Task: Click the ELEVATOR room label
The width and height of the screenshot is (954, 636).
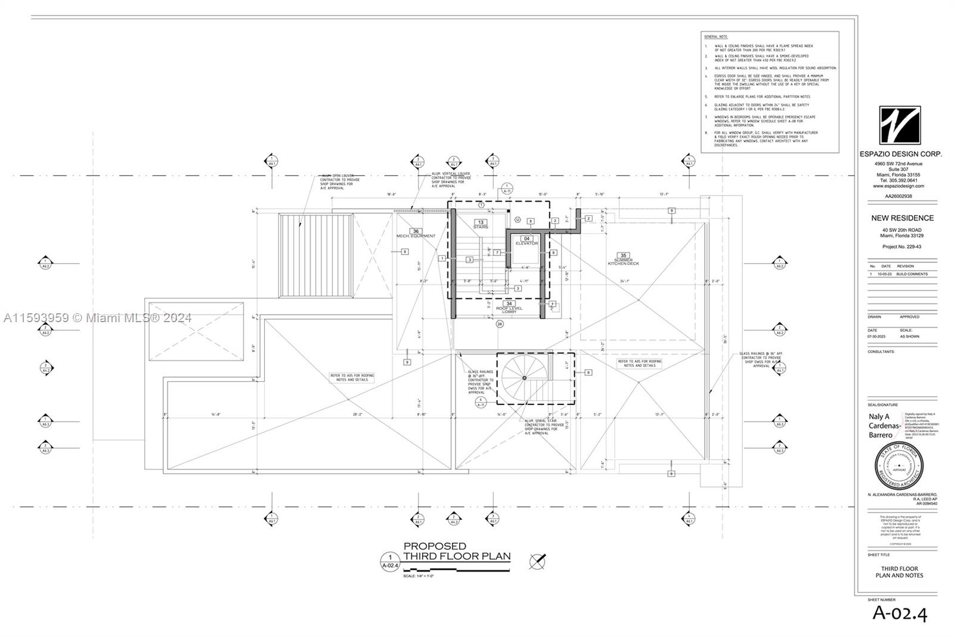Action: [x=526, y=243]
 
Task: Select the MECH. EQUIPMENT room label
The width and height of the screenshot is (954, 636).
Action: [x=416, y=236]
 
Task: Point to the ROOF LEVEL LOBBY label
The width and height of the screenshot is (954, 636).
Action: [x=509, y=309]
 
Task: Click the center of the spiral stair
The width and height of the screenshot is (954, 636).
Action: [x=524, y=378]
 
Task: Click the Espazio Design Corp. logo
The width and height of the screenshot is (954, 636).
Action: [x=900, y=125]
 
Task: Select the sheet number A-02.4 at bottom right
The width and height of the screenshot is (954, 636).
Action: [x=900, y=613]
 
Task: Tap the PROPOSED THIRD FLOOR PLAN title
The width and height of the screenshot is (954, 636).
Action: [x=457, y=551]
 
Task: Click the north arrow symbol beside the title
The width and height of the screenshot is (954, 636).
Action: [x=537, y=561]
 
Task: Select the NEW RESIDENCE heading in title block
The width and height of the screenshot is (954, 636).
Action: [x=902, y=218]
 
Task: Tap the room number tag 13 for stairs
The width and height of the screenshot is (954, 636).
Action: [x=481, y=222]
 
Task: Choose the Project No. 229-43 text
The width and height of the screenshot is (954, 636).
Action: [x=902, y=246]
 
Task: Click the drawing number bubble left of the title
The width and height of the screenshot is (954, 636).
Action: [x=390, y=561]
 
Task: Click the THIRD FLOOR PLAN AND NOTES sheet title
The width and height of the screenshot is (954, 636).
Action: [x=899, y=572]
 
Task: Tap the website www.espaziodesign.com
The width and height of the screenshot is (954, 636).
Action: [x=899, y=186]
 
